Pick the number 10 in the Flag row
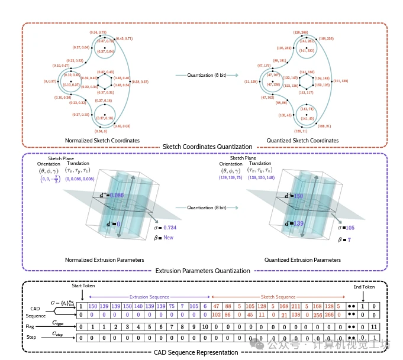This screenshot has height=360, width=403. [x=204, y=326]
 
